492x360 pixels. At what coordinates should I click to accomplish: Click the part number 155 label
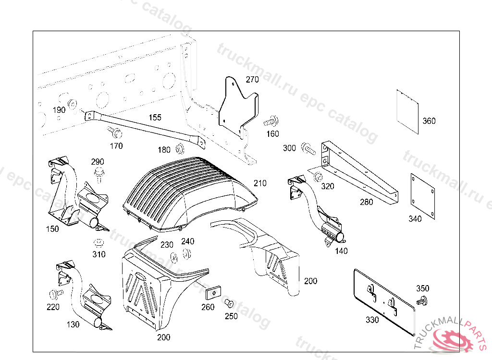tap(155, 117)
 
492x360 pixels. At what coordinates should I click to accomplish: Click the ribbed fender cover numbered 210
tap(187, 190)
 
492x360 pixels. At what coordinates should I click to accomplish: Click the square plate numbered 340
tap(423, 196)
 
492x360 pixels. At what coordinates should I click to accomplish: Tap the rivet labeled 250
tap(229, 303)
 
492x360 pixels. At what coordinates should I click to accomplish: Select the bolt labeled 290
tap(99, 174)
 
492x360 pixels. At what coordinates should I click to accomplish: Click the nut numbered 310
tap(98, 242)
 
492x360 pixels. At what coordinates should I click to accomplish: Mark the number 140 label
tap(342, 251)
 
